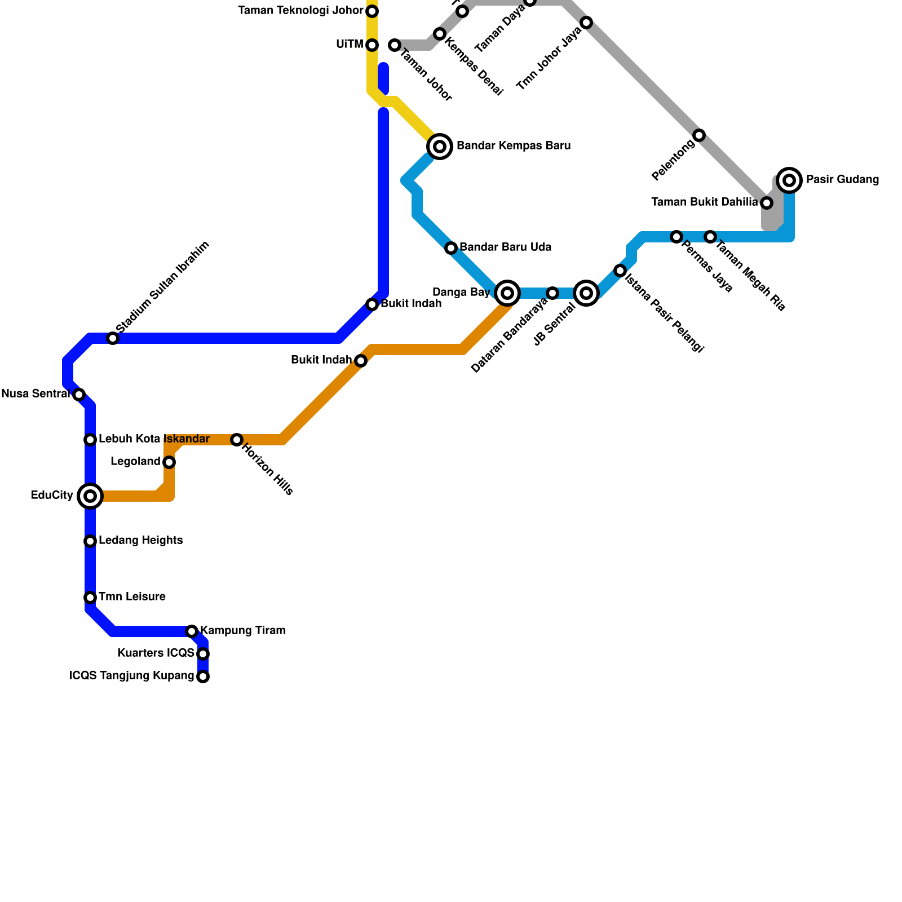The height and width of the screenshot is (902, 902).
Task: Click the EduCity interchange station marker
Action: [90, 496]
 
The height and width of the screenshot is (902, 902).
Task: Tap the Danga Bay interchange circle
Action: [507, 293]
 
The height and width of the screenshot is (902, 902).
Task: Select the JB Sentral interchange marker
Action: [586, 293]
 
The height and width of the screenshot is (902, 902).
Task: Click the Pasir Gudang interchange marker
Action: [790, 180]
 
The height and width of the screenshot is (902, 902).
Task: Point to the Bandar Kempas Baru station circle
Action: [440, 147]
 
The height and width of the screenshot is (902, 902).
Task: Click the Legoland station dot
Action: [169, 462]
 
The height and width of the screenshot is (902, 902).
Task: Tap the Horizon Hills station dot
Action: [237, 440]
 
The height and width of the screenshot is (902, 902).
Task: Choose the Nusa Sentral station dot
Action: [79, 395]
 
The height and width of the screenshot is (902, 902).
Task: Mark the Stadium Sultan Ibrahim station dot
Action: [113, 338]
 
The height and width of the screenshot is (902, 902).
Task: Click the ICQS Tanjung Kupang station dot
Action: [203, 676]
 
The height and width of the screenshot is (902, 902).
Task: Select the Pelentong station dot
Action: [699, 135]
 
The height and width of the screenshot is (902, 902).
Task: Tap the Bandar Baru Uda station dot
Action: [451, 248]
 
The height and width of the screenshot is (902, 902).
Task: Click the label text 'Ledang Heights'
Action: [140, 541]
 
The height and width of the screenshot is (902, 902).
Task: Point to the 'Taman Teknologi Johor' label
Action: [300, 11]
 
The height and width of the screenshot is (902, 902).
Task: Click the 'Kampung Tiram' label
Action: [242, 630]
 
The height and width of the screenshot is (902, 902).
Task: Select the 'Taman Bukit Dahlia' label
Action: [704, 202]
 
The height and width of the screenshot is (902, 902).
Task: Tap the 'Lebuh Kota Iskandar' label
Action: [154, 439]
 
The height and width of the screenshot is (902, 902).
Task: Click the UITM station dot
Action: [372, 45]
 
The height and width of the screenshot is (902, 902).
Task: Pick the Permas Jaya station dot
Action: [676, 237]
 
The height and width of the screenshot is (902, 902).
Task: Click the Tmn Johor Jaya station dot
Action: [586, 23]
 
